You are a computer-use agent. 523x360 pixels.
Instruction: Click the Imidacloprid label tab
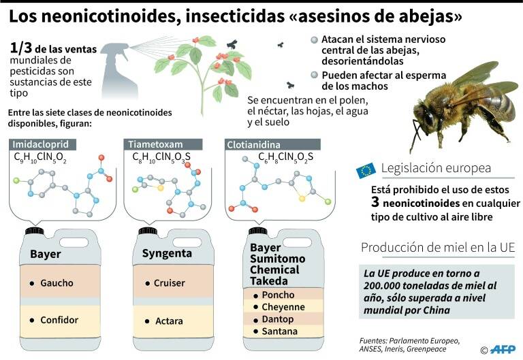tap(42, 144)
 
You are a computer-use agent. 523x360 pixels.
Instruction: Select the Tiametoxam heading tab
tap(163, 144)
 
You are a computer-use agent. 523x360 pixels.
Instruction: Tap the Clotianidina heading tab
tap(272, 145)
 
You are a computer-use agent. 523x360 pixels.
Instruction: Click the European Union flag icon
tap(366, 170)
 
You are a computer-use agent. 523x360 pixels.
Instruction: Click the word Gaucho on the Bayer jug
tap(57, 283)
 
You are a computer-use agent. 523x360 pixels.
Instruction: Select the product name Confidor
tap(59, 320)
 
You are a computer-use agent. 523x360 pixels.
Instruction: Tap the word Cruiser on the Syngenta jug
tap(170, 283)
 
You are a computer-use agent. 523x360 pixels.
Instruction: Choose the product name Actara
tap(169, 321)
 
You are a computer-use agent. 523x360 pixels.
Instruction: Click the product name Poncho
tap(278, 295)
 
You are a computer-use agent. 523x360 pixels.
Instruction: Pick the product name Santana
tap(279, 331)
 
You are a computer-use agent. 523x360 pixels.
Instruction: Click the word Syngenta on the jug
tap(167, 253)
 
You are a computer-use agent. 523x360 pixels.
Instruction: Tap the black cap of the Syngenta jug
tap(148, 231)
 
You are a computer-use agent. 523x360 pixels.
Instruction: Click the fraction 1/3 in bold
tap(21, 48)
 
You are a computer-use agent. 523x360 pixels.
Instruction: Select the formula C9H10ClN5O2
tap(40, 157)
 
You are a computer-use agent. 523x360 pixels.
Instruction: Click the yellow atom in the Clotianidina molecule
tap(302, 199)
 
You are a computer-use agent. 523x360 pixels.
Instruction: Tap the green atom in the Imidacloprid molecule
tap(16, 180)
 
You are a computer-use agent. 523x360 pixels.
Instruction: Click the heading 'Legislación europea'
tap(436, 168)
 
